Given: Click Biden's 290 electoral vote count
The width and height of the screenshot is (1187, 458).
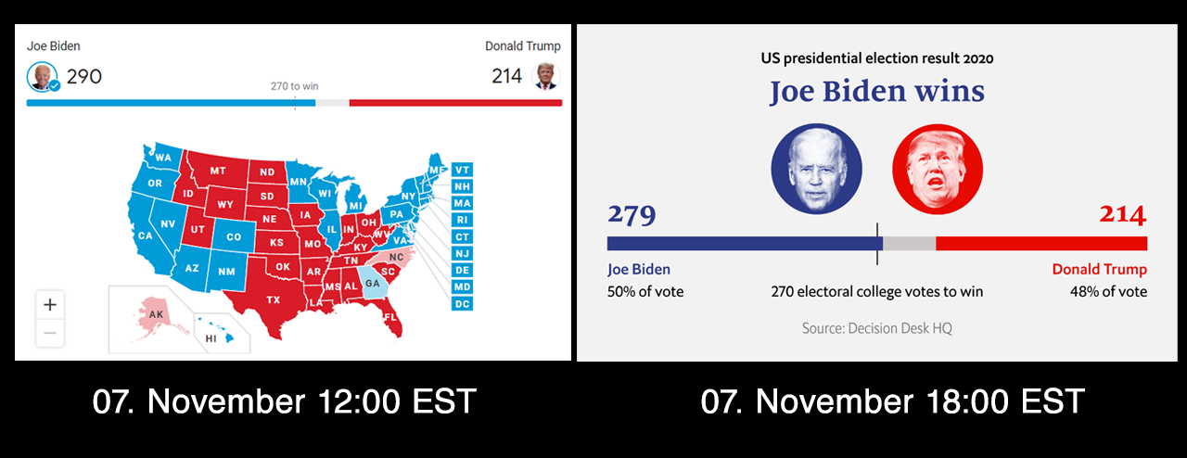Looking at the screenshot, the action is pyautogui.click(x=84, y=77).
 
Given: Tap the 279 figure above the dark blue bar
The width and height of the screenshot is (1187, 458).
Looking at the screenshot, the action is pyautogui.click(x=632, y=215).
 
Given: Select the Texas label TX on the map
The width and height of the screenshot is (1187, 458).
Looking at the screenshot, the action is pyautogui.click(x=274, y=300).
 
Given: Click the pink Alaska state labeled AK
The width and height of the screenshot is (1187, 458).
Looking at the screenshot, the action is pyautogui.click(x=154, y=315).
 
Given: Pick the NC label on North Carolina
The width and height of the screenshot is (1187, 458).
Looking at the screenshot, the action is pyautogui.click(x=396, y=257).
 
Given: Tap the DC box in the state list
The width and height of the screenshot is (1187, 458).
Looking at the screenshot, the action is pyautogui.click(x=462, y=304).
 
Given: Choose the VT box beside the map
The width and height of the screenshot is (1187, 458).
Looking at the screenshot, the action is pyautogui.click(x=462, y=171).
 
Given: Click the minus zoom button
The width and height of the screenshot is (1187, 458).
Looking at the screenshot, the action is pyautogui.click(x=50, y=333).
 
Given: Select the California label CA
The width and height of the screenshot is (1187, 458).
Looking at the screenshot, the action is pyautogui.click(x=146, y=235).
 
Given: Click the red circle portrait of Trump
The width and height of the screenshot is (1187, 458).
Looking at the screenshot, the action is pyautogui.click(x=938, y=169).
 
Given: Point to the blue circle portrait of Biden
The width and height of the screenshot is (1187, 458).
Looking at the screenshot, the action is pyautogui.click(x=816, y=169).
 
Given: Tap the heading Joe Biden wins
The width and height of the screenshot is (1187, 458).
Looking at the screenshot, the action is pyautogui.click(x=877, y=91).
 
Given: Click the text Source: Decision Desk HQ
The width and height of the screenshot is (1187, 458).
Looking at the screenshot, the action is pyautogui.click(x=877, y=328).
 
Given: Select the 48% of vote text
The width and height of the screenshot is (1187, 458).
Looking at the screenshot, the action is pyautogui.click(x=1108, y=291).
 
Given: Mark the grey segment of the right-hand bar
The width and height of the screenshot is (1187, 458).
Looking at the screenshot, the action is pyautogui.click(x=910, y=243).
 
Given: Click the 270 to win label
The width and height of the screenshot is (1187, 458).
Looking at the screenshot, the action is pyautogui.click(x=295, y=86).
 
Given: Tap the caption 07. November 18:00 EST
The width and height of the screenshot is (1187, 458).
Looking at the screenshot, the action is pyautogui.click(x=893, y=401).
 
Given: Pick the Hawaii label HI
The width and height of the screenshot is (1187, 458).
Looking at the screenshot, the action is pyautogui.click(x=211, y=338).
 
